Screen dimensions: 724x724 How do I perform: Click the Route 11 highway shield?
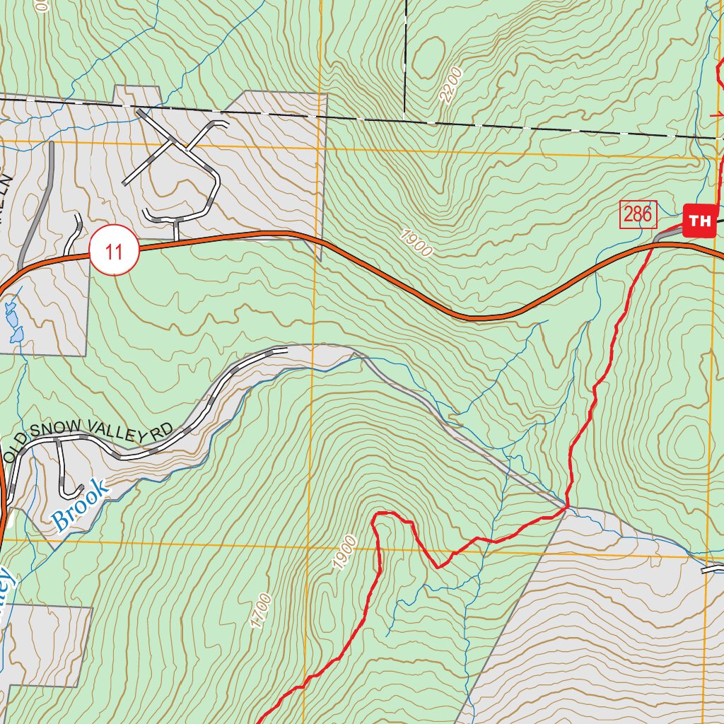point(113,250)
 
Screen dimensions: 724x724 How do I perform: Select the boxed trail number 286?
point(638,214)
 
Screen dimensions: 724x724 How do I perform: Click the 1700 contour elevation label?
point(260,610)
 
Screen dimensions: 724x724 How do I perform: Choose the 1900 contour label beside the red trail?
point(344,553)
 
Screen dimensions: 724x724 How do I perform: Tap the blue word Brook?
point(81,505)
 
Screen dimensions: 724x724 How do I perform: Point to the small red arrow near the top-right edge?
point(716,114)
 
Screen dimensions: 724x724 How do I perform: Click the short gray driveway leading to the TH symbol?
point(667,235)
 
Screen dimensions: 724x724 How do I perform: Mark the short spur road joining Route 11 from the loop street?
point(175,230)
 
